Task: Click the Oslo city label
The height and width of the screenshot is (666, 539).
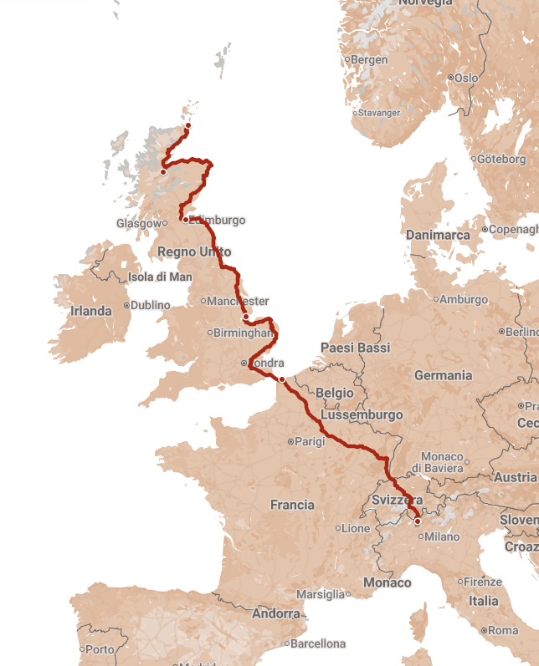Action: (465, 78)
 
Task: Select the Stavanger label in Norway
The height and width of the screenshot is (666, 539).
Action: (380, 113)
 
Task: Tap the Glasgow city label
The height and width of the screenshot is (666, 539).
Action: (138, 223)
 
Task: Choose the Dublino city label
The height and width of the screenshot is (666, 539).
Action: (150, 305)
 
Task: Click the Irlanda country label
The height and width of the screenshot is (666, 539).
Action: (90, 311)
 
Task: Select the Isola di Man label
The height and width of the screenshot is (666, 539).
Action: (160, 277)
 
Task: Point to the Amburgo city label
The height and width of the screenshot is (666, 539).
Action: (463, 299)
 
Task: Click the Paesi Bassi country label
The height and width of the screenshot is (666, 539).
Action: (357, 348)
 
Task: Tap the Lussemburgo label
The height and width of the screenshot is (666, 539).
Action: (362, 414)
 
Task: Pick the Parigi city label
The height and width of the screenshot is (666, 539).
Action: (309, 441)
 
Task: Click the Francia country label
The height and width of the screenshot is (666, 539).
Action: (292, 505)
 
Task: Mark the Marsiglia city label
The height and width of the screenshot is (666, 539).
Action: (321, 594)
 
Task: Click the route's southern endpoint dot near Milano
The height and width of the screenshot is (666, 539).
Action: (418, 521)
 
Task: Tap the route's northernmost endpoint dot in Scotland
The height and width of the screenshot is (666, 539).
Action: (187, 126)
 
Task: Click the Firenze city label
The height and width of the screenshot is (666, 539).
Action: (483, 582)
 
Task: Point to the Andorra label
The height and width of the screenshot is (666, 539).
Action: (276, 613)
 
